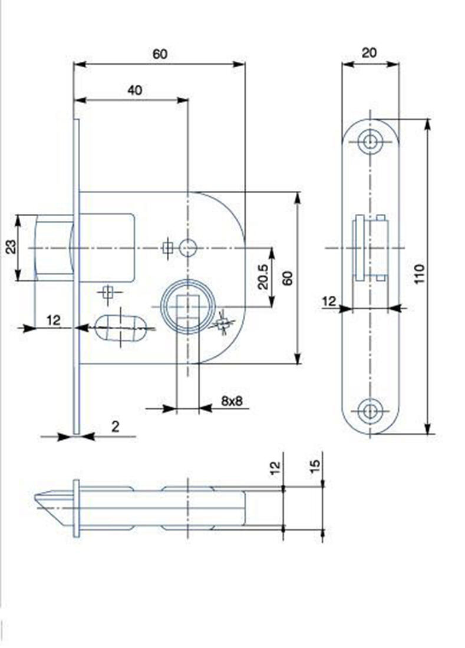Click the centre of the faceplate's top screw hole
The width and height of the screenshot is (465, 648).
370,142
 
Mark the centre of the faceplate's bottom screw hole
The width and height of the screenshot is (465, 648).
370,411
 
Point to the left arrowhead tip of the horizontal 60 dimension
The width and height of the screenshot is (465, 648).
74,64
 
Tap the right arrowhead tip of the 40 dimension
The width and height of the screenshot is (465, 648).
188,100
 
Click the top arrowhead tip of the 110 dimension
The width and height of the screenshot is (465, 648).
428,120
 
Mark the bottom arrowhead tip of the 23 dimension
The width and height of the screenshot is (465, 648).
18,281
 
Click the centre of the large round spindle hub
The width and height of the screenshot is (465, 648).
187,307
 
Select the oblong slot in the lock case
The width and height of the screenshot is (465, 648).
121,328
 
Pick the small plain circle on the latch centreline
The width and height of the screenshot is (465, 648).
188,248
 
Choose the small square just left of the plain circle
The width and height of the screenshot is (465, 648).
167,248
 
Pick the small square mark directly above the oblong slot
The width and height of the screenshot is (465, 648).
108,293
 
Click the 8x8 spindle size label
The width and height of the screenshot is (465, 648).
232,400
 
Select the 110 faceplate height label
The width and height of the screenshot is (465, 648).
419,273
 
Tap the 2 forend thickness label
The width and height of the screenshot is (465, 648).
116,426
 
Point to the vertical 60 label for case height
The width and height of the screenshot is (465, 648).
287,277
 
